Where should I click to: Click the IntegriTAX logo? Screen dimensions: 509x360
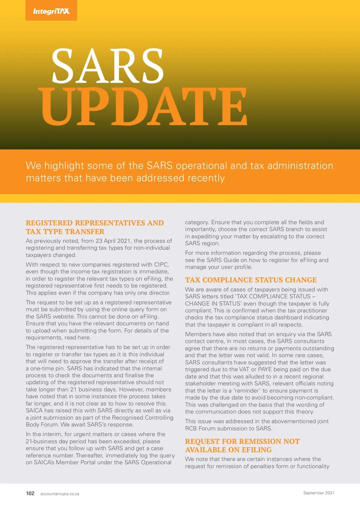tap(51, 11)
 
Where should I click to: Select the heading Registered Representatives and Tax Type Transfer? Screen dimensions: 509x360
tap(95, 227)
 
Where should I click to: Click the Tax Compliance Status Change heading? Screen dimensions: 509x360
tap(251, 280)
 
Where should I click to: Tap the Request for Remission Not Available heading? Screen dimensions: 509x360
tap(242, 445)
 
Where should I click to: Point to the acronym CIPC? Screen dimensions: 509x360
tap(161, 264)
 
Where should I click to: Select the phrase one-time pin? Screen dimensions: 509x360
tap(46, 368)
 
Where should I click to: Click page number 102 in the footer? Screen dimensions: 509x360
tap(30, 493)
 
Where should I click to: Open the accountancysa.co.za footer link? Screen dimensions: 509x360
tap(60, 494)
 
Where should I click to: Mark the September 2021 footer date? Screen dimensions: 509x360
tap(319, 493)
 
